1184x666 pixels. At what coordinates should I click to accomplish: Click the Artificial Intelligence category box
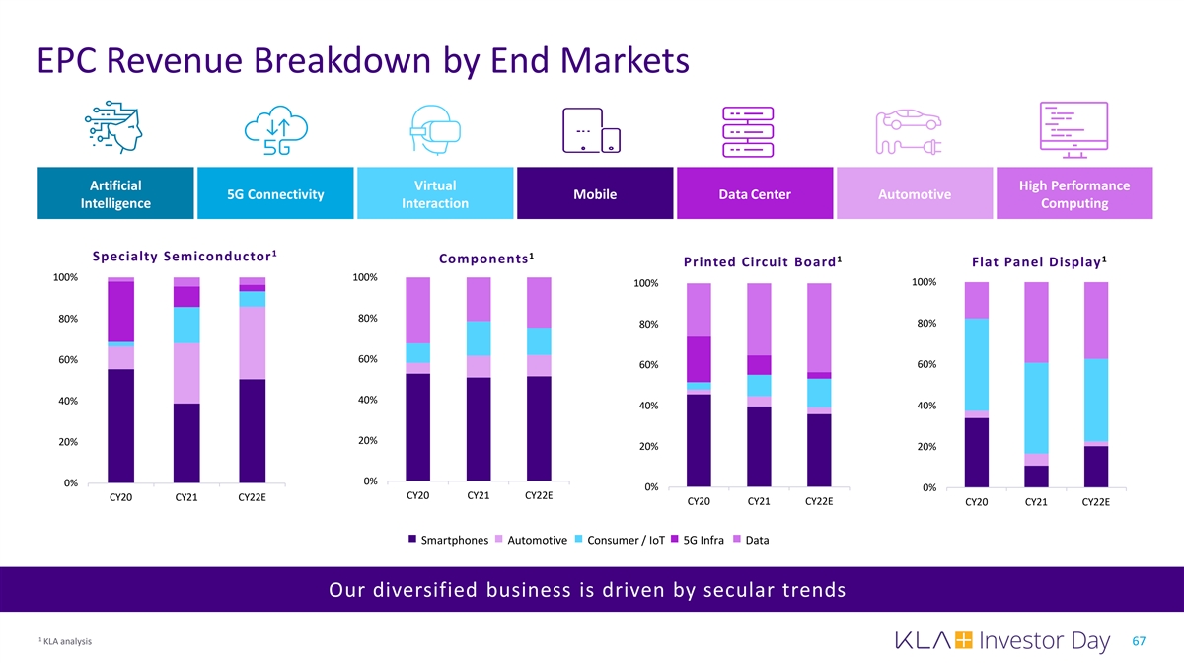(114, 194)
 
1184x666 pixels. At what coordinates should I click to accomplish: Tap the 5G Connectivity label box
(275, 194)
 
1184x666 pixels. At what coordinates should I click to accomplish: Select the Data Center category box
(755, 194)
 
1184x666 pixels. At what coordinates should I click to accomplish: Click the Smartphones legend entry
(448, 540)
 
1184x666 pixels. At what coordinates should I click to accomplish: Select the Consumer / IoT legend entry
(619, 540)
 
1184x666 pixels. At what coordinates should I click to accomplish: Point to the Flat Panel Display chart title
(1038, 261)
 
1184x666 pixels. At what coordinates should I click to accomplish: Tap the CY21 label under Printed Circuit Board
(759, 502)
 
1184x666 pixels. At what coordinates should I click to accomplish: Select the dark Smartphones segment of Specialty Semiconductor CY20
(121, 425)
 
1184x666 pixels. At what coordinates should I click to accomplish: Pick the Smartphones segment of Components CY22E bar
(539, 428)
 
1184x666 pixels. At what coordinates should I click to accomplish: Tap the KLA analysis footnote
(65, 642)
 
